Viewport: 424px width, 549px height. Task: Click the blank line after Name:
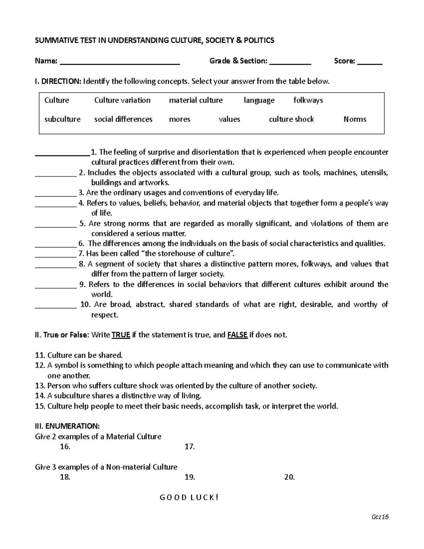[120, 63]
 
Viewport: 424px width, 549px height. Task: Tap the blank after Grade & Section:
[290, 63]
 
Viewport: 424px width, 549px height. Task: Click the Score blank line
[370, 63]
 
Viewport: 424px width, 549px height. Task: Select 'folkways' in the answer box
[308, 100]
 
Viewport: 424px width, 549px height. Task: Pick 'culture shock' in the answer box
[291, 119]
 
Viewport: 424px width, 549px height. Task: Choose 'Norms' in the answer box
[355, 119]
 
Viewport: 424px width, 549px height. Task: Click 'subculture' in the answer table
[63, 119]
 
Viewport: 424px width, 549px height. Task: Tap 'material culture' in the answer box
[196, 100]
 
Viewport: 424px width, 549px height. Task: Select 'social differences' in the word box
[123, 119]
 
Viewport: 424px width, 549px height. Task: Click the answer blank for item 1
[63, 154]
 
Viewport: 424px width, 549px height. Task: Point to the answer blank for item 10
[56, 307]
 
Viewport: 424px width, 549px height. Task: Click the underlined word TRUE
[121, 335]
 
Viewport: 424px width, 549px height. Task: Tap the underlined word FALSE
[237, 335]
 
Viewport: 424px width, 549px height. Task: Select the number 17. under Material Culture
[190, 447]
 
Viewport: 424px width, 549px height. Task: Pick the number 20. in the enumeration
[289, 477]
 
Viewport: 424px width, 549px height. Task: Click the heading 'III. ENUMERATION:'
[67, 426]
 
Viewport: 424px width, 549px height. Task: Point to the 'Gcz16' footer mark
[380, 517]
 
